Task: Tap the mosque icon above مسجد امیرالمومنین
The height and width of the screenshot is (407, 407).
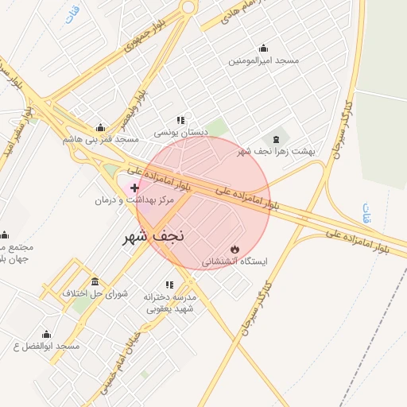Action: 264,48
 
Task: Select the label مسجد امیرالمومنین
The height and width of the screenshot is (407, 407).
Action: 264,61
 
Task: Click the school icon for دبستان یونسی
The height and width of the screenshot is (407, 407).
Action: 180,120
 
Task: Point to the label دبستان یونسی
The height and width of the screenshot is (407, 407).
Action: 180,132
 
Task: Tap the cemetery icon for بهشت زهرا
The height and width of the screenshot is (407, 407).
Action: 276,139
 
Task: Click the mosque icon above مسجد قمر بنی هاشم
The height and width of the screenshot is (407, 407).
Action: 100,127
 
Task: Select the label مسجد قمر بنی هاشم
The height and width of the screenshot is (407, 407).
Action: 101,139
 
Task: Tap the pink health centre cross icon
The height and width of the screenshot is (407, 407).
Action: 134,188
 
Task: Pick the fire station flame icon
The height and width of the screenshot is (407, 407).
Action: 234,249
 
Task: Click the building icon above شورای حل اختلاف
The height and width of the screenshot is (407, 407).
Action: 95,281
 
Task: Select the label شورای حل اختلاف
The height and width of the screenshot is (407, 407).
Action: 95,293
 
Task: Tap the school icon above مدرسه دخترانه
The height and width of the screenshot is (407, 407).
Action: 169,284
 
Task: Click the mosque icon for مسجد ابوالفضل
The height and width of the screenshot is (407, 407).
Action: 46,335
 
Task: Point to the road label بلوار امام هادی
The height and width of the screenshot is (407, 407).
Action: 235,15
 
